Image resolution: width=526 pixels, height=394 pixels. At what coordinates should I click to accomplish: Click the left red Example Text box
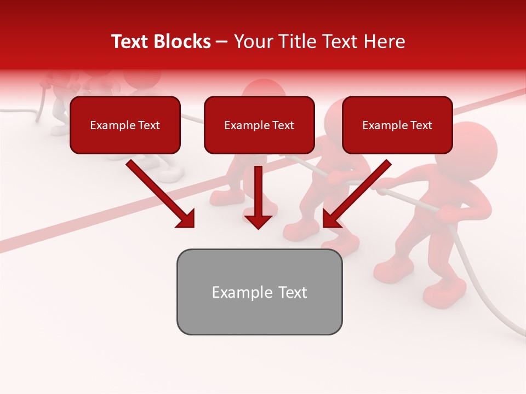[x=125, y=125]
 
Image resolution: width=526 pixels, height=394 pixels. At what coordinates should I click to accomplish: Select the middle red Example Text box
[x=259, y=125]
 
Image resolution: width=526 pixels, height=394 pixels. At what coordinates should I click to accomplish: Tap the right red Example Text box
[x=397, y=125]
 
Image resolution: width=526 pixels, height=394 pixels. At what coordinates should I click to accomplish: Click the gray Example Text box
[x=259, y=292]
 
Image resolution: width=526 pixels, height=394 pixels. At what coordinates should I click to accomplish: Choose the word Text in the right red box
[x=420, y=125]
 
